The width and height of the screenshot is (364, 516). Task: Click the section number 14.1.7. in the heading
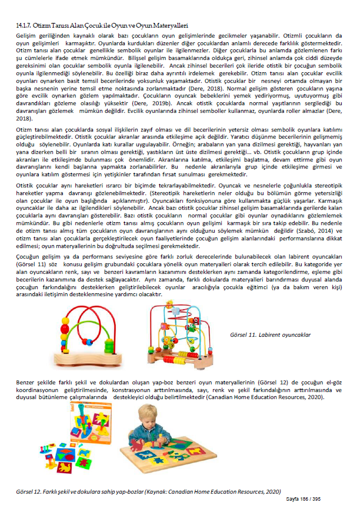(25, 26)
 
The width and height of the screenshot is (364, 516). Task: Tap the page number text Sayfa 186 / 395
(302, 499)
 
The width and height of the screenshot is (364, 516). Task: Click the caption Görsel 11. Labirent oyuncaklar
(271, 334)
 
